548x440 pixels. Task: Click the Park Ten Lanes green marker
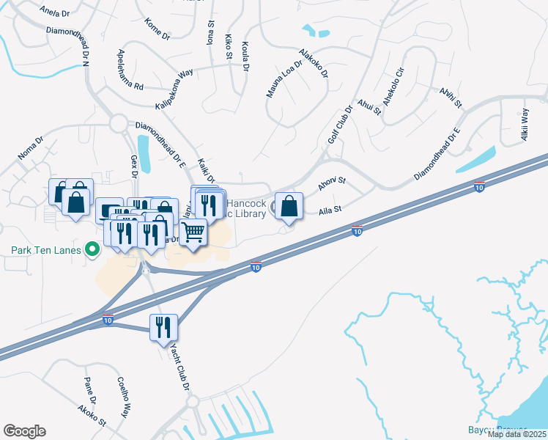[x=92, y=250]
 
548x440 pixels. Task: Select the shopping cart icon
[x=193, y=232]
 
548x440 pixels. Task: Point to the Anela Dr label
[x=56, y=12]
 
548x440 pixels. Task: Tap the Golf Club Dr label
[x=341, y=123]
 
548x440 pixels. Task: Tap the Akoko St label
[x=92, y=417]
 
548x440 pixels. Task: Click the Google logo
[x=24, y=431]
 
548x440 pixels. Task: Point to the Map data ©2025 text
[x=517, y=434]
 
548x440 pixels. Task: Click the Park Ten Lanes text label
[x=45, y=250]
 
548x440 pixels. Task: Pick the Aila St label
[x=330, y=210]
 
